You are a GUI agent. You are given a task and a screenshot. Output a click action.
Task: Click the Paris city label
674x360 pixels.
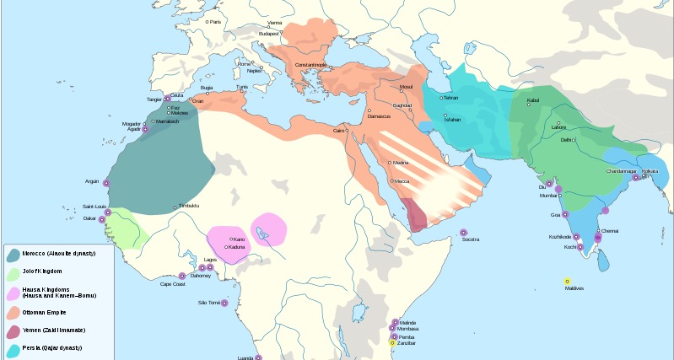point(216,21)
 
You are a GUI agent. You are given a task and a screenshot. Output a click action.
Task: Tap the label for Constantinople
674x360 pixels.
point(310,65)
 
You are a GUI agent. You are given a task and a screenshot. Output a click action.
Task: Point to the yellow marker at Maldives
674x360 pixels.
point(567,281)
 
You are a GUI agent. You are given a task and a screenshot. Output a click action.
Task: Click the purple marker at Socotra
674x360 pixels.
point(463,233)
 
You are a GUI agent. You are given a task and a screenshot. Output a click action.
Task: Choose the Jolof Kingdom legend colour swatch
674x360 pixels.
point(13,273)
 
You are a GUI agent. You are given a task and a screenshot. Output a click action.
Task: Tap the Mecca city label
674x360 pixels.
point(402,181)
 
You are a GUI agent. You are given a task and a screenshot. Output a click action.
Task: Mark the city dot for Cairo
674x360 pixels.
point(348,131)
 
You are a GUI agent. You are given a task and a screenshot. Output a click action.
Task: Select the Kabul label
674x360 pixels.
point(532,100)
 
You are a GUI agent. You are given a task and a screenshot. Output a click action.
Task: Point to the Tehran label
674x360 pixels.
point(450,98)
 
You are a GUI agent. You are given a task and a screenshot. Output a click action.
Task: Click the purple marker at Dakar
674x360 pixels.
point(103,219)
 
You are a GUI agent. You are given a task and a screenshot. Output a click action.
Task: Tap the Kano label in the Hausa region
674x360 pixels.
point(239,239)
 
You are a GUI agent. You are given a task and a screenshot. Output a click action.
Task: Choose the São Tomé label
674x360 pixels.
point(208,302)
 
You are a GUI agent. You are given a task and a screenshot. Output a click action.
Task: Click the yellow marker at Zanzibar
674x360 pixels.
point(392,342)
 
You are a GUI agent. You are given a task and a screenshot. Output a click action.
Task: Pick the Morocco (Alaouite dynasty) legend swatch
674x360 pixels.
point(13,254)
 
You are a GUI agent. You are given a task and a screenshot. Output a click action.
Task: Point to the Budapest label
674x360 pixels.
point(280,33)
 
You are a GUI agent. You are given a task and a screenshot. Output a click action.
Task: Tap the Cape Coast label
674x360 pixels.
point(173,284)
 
